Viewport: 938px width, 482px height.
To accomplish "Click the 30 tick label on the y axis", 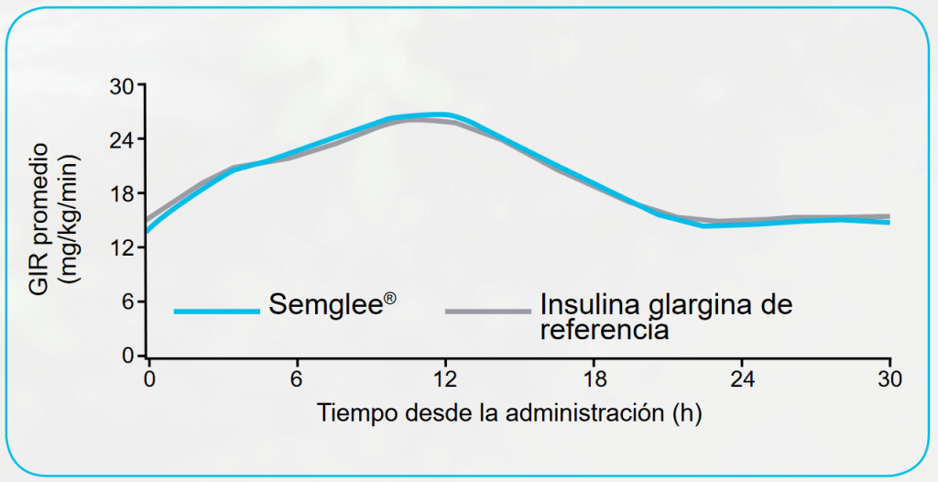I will [x=122, y=86].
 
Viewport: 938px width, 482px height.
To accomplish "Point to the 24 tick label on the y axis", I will [x=122, y=140].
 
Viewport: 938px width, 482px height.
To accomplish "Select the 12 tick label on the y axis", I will [x=122, y=248].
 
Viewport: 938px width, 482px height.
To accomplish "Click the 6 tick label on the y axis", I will [x=128, y=302].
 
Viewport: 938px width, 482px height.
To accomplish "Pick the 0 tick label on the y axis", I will [x=128, y=356].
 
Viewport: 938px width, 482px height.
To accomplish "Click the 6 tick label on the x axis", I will [x=297, y=378].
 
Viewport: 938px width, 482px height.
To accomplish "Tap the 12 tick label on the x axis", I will [x=445, y=378].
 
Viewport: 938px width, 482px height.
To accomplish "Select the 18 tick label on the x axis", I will [x=594, y=378].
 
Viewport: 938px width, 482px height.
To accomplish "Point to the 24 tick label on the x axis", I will [x=742, y=378].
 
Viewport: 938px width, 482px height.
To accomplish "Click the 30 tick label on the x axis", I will [x=890, y=378].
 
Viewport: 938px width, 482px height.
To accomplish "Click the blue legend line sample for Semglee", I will [x=217, y=312].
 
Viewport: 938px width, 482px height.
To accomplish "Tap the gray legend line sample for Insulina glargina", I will [x=487, y=312].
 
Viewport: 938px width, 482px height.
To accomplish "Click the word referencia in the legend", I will [x=604, y=329].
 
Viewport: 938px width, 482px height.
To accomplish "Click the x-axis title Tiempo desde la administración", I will [x=510, y=413].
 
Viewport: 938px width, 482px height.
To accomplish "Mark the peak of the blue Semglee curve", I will [x=441, y=115].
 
